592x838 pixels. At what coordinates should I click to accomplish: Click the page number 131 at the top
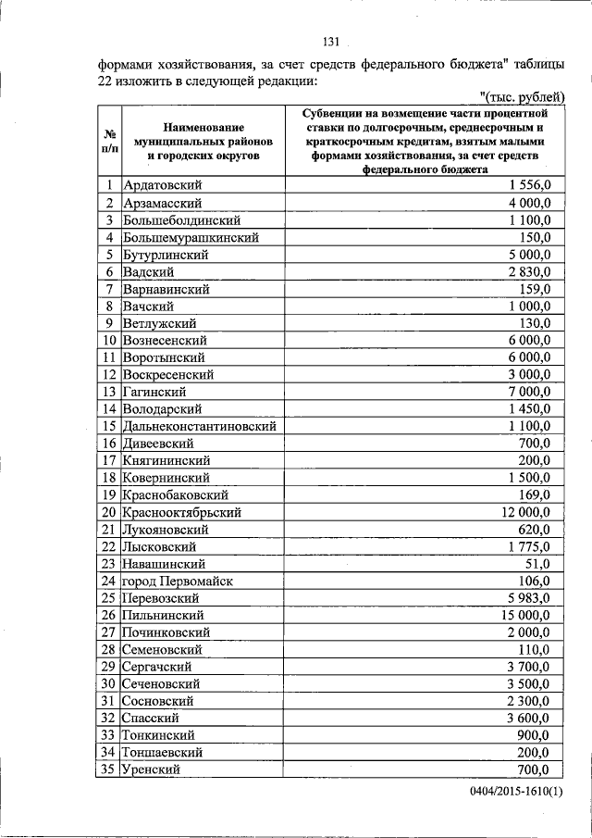click(x=332, y=42)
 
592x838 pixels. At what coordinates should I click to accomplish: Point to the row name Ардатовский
click(x=163, y=186)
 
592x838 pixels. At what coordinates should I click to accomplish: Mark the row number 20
click(x=108, y=512)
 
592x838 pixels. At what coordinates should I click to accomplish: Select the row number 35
click(x=108, y=769)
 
